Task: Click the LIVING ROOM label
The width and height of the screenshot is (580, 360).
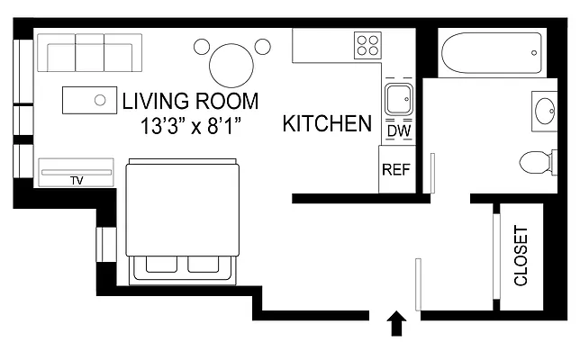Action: pos(190,101)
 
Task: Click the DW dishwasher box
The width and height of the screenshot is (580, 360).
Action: pos(397,131)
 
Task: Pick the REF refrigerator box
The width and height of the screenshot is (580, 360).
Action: pos(396,169)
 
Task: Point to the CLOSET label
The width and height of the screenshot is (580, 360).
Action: pos(521,256)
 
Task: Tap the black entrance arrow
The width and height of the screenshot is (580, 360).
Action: pos(394,323)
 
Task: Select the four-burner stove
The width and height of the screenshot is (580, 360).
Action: pos(367,45)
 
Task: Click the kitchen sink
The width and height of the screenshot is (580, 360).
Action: pos(397,99)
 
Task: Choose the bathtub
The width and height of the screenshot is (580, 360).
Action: pos(491,54)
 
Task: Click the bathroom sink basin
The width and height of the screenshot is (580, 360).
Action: pos(546,112)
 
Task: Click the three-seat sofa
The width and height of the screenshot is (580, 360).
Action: pos(90,53)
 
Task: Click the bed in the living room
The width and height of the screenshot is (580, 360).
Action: pos(184,218)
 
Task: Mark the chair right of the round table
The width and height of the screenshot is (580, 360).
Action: pos(262,46)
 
